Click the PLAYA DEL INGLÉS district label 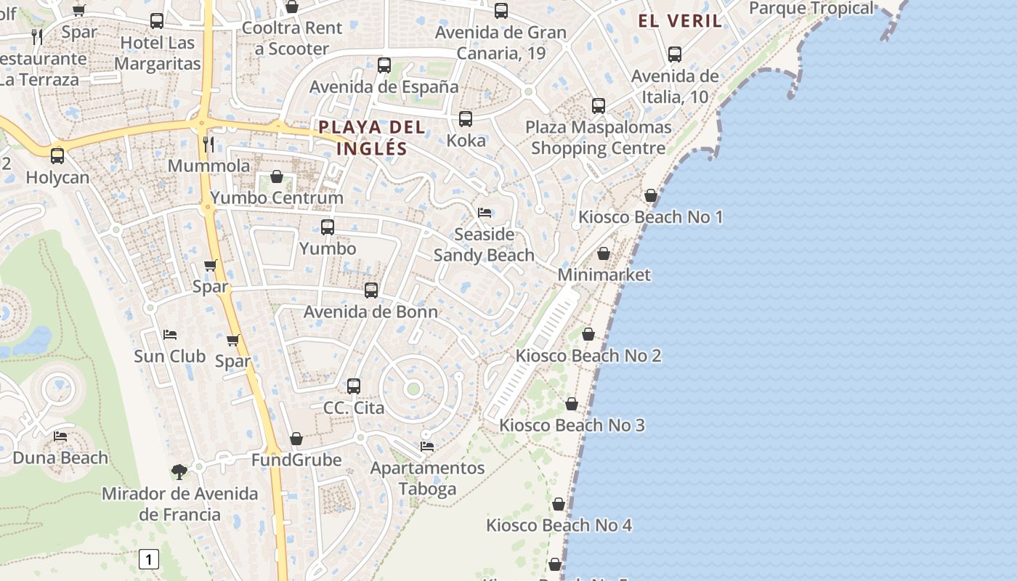pos(371,138)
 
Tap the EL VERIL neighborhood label pos(680,20)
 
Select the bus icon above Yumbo pos(328,227)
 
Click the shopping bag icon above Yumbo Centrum pos(277,176)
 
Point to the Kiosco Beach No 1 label pos(650,216)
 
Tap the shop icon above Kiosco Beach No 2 pos(588,334)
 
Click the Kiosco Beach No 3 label pos(572,425)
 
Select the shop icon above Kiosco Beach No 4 pos(559,504)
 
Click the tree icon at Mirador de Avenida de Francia pos(179,472)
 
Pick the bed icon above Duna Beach pos(60,436)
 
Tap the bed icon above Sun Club pos(170,335)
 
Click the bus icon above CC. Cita pos(354,386)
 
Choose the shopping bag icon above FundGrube pos(296,439)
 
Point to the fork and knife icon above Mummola pos(208,144)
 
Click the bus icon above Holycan pos(57,155)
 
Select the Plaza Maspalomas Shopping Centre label pos(598,137)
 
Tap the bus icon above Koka pos(466,119)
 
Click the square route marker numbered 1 pos(148,559)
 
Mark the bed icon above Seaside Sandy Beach pos(485,213)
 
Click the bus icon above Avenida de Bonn pos(371,290)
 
